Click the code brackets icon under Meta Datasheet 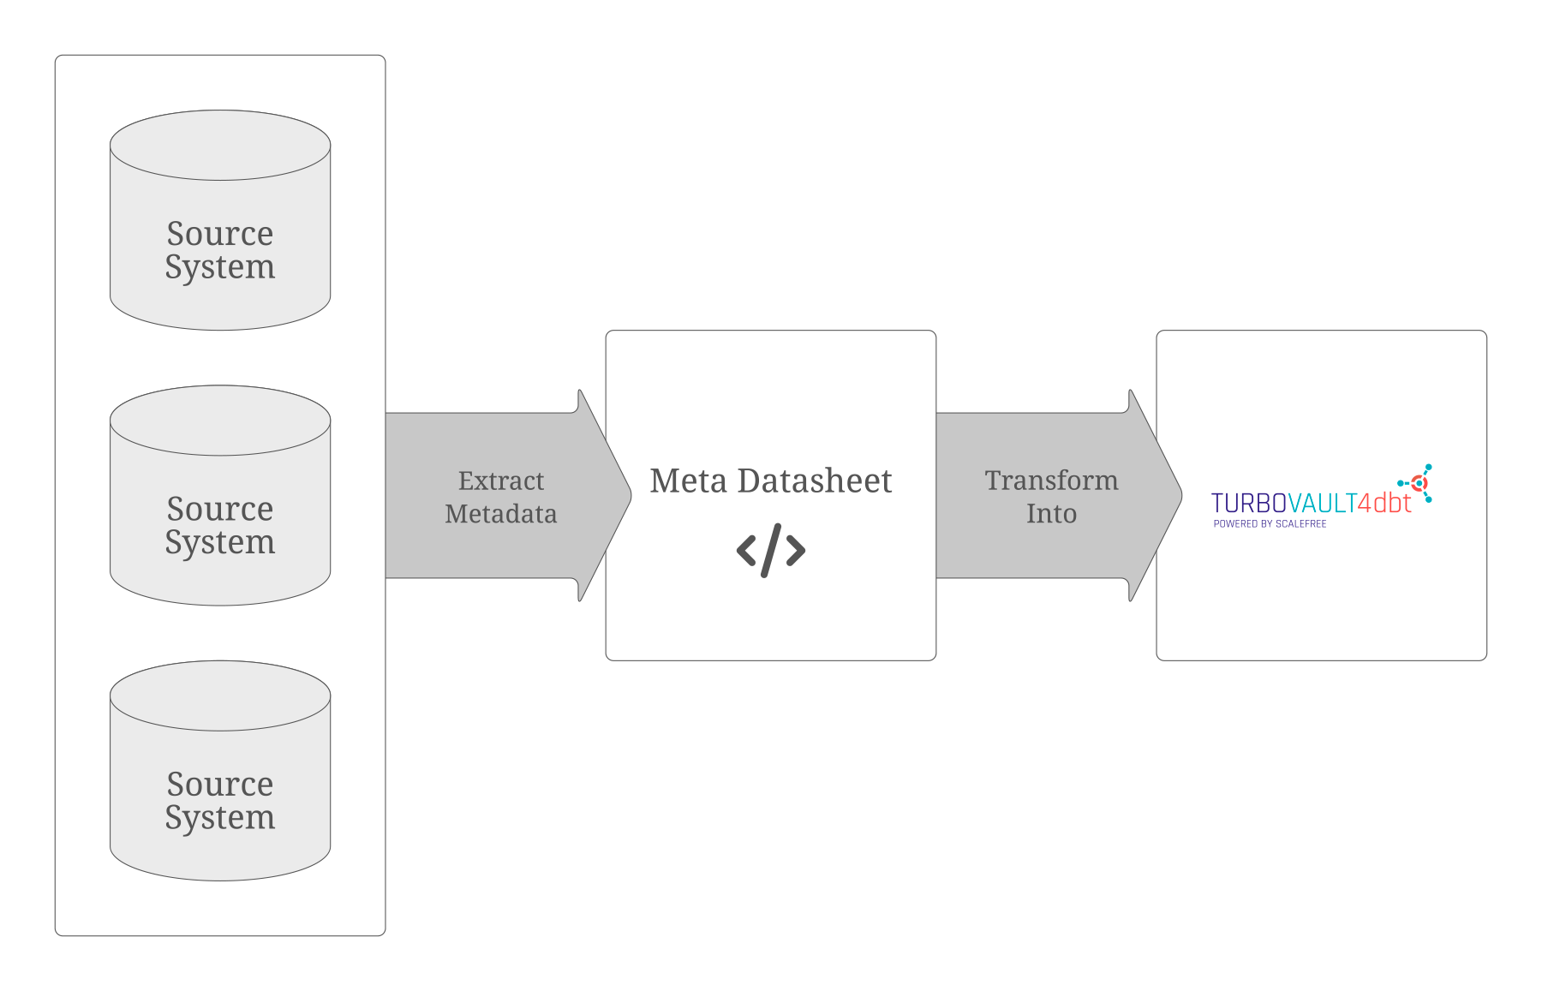pos(771,550)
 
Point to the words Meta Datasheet pos(771,481)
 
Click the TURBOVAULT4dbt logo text pos(1311,504)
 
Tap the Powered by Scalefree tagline pos(1270,523)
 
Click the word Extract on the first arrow pos(501,481)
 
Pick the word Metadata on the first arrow pos(501,514)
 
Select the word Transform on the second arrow pos(1052,481)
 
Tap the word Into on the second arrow pos(1052,514)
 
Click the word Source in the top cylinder pos(220,233)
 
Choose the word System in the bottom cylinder pos(220,817)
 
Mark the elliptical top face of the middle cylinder pos(220,420)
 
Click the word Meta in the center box pos(688,481)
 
